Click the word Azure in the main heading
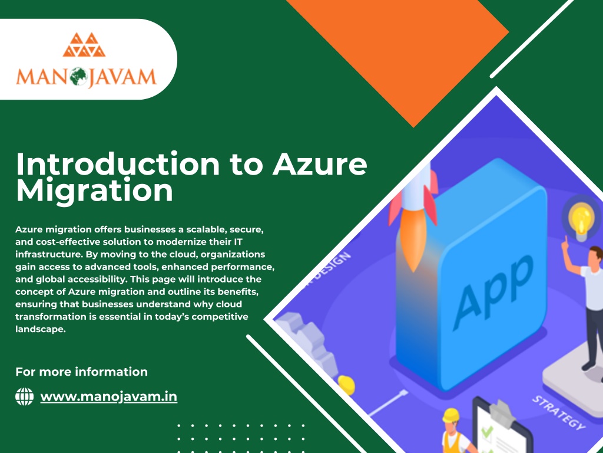[319, 164]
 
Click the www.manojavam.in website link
[108, 396]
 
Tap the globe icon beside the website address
[25, 396]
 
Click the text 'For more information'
[81, 372]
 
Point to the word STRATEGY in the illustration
[559, 413]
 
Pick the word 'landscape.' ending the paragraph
[39, 330]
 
